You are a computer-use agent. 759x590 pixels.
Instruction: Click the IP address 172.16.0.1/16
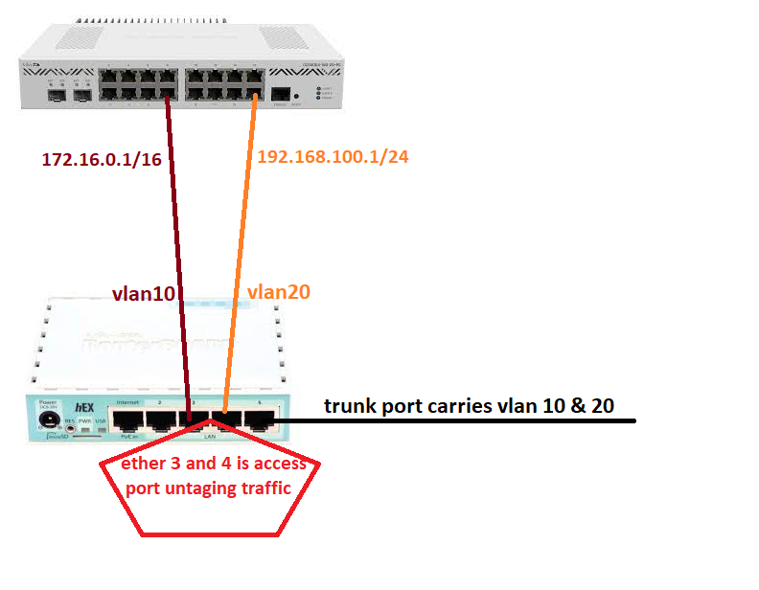tap(101, 159)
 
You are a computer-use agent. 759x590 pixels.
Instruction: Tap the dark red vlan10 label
tap(144, 294)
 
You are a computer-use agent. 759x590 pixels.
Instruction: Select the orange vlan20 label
tap(278, 292)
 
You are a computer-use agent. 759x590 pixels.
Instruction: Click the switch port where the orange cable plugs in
tap(254, 93)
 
